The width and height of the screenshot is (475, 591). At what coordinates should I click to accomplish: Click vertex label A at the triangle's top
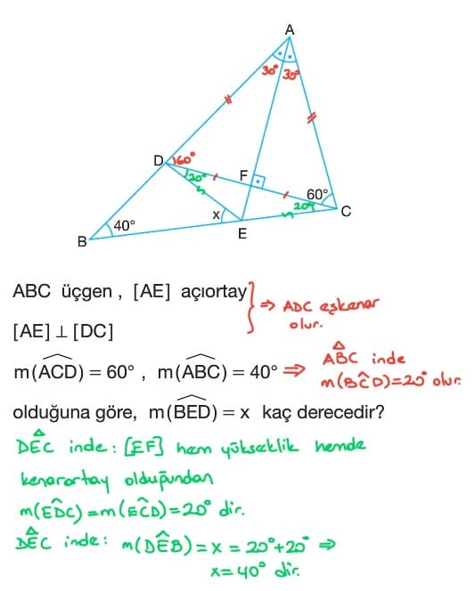coord(290,29)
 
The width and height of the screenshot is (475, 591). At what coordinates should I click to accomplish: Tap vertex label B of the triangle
coord(82,241)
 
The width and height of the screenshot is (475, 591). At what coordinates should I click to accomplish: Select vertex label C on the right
coord(346,212)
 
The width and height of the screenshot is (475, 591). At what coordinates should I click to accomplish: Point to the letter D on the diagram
coord(159,161)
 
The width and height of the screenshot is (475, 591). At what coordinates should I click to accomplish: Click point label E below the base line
coord(242,234)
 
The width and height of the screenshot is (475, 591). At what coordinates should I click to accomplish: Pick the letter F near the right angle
coord(243,175)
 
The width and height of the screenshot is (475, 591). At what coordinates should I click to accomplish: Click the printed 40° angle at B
coord(124,226)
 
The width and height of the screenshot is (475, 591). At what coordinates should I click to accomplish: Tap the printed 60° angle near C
coord(317,195)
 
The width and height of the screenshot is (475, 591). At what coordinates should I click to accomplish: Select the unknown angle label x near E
coord(216,215)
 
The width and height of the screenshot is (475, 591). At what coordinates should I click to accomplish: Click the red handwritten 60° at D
coord(184,158)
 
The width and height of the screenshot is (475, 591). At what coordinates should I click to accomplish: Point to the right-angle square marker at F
coord(258,182)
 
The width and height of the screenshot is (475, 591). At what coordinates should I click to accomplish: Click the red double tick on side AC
coord(311,118)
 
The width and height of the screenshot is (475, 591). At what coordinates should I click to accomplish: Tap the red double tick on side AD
coord(228,100)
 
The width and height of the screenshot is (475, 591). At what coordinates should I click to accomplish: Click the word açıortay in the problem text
coord(214,292)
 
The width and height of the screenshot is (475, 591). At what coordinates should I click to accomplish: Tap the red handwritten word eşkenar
coord(349,305)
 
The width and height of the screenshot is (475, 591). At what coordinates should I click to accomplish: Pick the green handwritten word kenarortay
coord(65,480)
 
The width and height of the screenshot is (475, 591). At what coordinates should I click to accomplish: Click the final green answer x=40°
coord(255,571)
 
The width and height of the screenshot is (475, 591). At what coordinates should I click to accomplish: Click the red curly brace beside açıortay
coord(252,308)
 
